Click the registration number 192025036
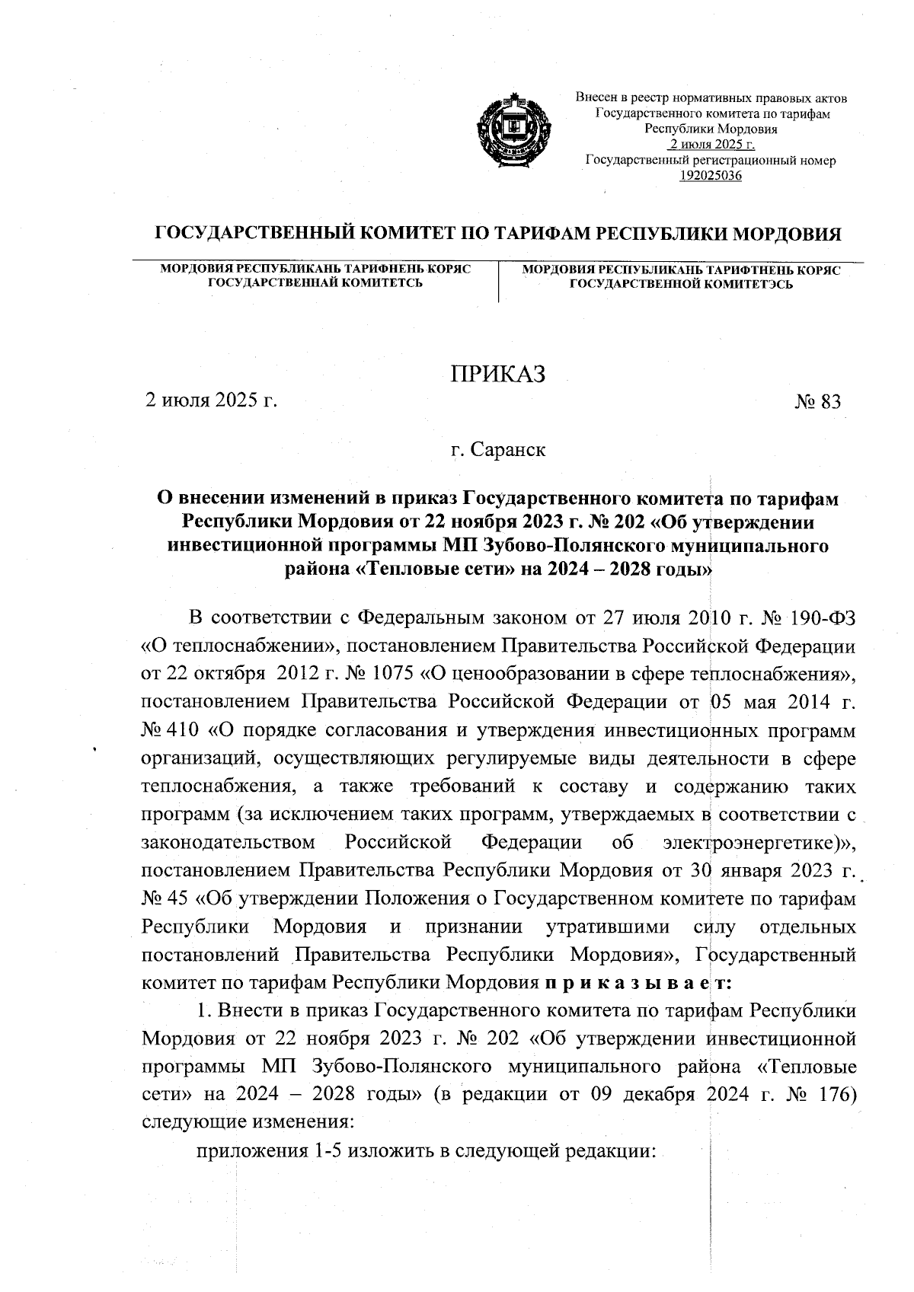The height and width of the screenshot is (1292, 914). (x=710, y=176)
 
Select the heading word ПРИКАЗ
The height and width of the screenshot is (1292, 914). (x=498, y=375)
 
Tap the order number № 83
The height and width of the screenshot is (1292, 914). (x=817, y=402)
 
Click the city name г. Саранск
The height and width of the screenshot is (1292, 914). (x=497, y=450)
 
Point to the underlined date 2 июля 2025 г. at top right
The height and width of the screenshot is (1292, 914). (x=710, y=145)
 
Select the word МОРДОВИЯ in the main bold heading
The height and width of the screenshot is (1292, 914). (x=787, y=234)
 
